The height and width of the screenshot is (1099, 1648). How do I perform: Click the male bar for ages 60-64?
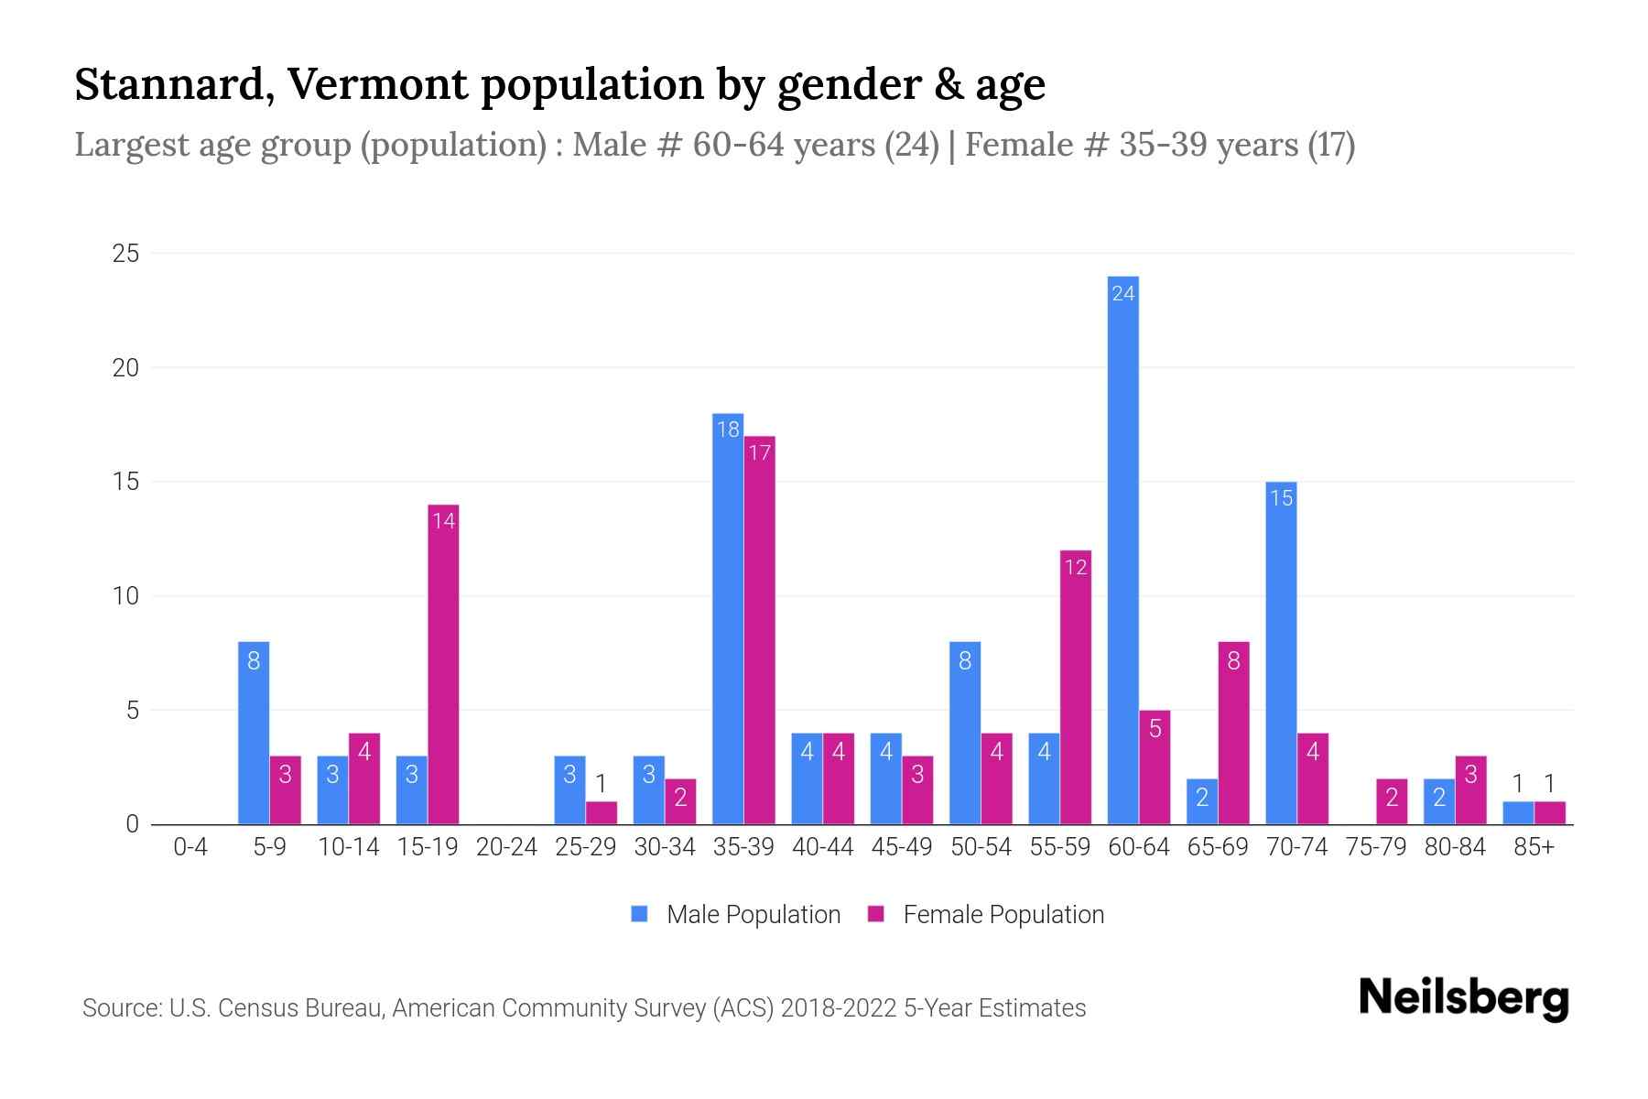click(1122, 549)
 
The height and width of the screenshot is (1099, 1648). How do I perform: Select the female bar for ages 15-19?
click(443, 664)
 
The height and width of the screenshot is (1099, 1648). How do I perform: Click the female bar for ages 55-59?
click(1076, 687)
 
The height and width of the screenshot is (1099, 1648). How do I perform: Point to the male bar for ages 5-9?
click(254, 733)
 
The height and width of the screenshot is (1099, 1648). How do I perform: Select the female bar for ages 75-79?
click(1392, 801)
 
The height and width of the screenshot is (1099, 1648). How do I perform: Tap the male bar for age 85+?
click(1518, 813)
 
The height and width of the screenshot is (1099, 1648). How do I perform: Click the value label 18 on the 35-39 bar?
click(728, 430)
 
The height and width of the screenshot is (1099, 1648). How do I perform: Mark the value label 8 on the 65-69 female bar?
click(1233, 660)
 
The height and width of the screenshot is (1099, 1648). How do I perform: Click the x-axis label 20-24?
click(506, 847)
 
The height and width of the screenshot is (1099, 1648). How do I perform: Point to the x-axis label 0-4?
click(190, 847)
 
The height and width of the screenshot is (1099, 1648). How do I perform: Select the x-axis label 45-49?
click(902, 847)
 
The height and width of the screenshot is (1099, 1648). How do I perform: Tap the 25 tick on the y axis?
click(125, 254)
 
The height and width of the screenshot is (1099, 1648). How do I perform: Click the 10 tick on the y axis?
click(125, 596)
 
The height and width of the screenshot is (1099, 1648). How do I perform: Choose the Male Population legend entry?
click(736, 914)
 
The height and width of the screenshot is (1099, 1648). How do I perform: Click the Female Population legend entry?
click(986, 914)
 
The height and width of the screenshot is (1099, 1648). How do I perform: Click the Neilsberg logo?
click(1463, 998)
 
